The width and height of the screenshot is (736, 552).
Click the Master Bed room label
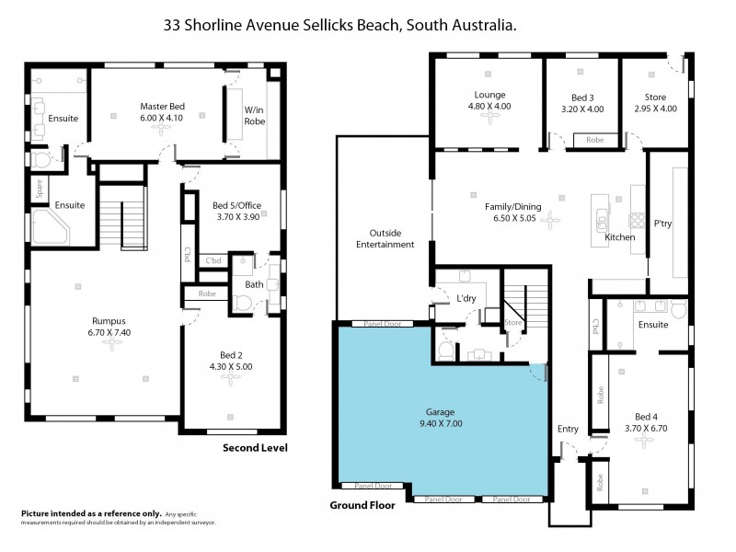tap(162, 106)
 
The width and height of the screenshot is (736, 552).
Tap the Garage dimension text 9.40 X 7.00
tap(444, 424)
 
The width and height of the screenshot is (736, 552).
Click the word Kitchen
tap(621, 237)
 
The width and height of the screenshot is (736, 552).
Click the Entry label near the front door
tap(568, 429)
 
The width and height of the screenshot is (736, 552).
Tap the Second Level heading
tap(255, 448)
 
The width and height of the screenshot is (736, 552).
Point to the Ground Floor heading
tap(363, 506)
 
